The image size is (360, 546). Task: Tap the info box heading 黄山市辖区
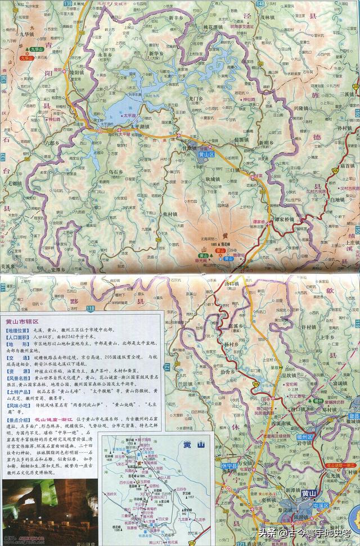(21, 322)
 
